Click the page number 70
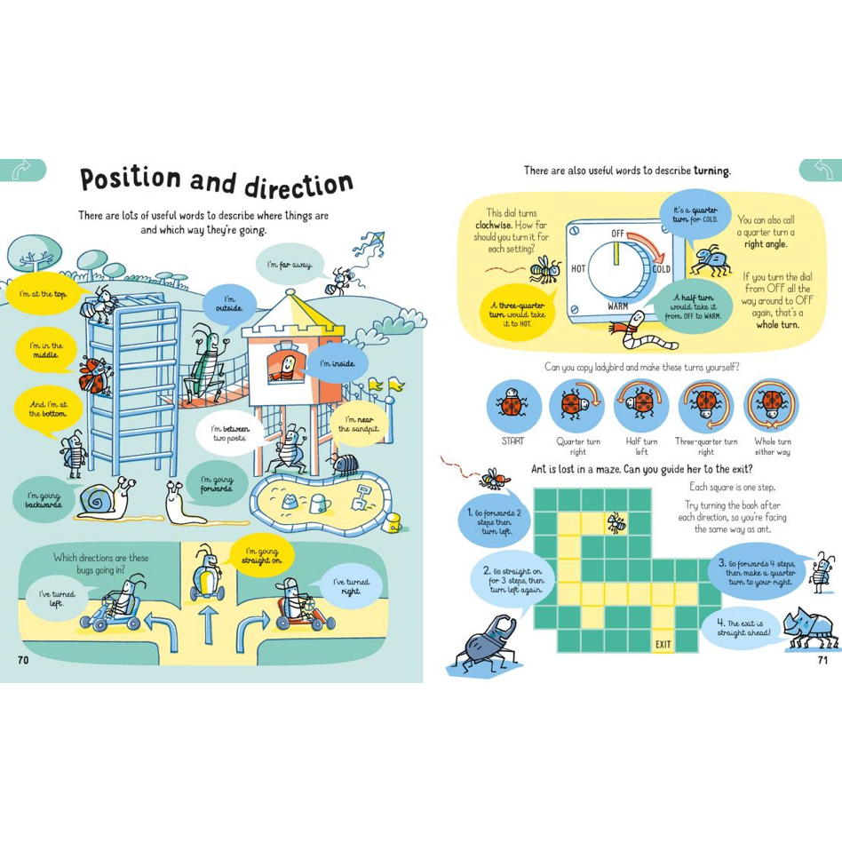coord(23,660)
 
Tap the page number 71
coord(822,660)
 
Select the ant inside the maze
coord(616,522)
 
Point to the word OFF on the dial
coord(617,234)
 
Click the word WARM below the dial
coord(617,306)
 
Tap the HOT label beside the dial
coord(578,268)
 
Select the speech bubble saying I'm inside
coord(338,363)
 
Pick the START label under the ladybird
coord(512,441)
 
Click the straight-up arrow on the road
coord(209,625)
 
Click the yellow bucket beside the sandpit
coord(394,521)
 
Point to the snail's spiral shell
coord(97,502)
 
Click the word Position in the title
coord(131,178)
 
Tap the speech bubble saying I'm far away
coord(290,264)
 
